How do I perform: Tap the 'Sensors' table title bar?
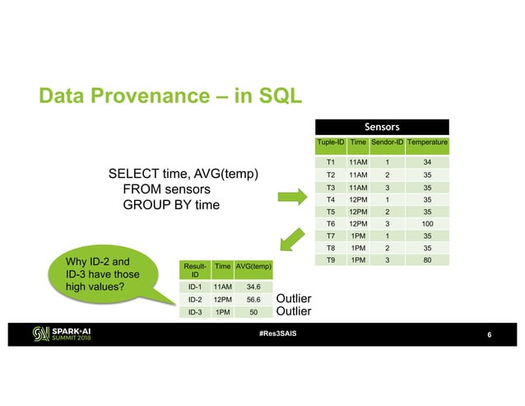[x=382, y=127]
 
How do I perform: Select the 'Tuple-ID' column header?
[x=329, y=143]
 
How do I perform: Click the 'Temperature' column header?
[x=428, y=143]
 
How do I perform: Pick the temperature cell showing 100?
[x=427, y=223]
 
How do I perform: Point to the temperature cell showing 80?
[x=427, y=260]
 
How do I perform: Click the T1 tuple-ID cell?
[x=329, y=161]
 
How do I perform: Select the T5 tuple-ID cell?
[x=329, y=211]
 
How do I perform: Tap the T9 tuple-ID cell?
[x=329, y=260]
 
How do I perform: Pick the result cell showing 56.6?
[x=253, y=301]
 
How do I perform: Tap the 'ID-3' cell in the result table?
[x=195, y=314]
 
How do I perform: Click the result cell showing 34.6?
[x=253, y=287]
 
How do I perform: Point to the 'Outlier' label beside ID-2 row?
[x=294, y=298]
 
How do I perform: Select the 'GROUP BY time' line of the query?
[x=171, y=203]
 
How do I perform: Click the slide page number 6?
[x=489, y=335]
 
